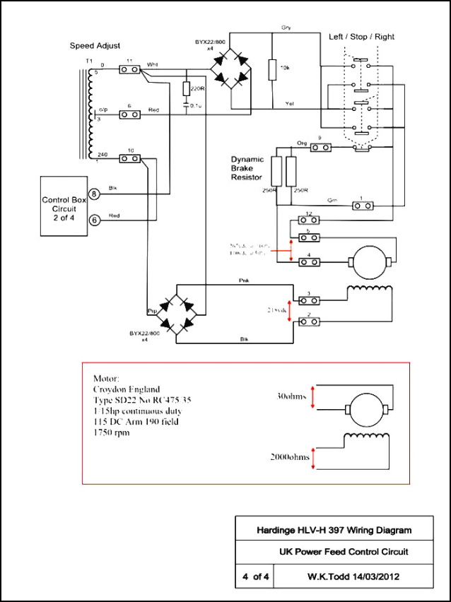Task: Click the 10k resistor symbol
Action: (271, 71)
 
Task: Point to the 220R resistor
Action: (187, 90)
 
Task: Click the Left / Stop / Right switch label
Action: (361, 36)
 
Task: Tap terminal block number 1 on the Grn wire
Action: (362, 206)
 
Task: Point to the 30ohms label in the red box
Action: (291, 396)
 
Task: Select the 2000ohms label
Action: (288, 457)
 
